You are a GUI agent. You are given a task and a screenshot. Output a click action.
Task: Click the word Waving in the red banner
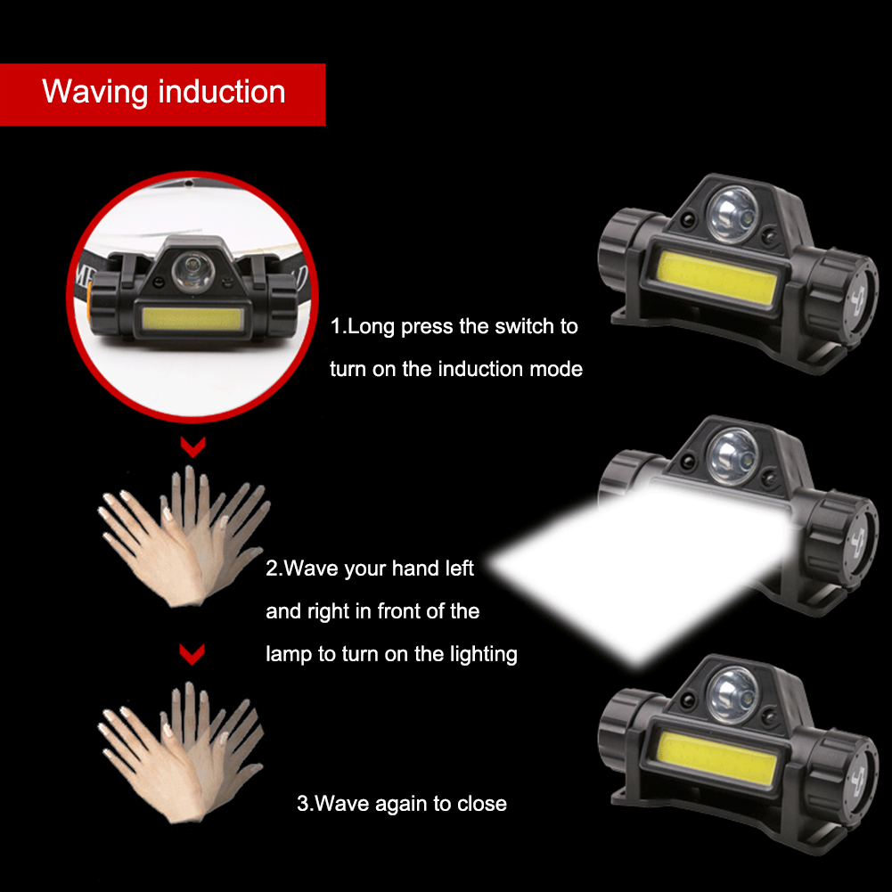point(95,92)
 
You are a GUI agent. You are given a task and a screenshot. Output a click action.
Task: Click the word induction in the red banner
point(222,91)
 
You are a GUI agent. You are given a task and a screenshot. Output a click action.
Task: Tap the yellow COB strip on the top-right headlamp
point(716,278)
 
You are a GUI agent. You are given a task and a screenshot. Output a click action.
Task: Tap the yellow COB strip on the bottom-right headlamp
point(716,759)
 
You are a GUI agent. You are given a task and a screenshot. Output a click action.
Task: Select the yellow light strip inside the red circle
point(192,319)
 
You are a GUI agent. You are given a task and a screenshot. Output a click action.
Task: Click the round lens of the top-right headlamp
point(732,214)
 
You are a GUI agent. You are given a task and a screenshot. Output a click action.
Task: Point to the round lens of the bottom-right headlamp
point(732,696)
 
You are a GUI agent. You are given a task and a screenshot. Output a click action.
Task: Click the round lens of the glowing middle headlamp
point(732,455)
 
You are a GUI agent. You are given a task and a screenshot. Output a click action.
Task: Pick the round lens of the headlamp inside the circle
point(192,271)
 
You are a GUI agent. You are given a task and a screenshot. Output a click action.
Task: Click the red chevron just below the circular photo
point(192,447)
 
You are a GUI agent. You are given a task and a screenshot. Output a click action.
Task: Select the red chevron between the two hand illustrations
point(192,654)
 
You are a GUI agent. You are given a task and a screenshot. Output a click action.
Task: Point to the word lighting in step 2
point(484,655)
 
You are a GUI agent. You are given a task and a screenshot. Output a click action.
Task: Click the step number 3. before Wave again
point(305,803)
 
